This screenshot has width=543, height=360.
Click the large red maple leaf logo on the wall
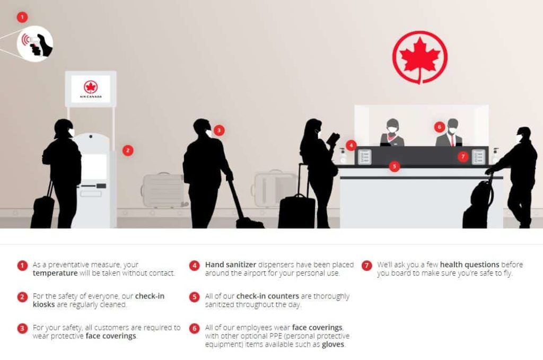(x=420, y=57)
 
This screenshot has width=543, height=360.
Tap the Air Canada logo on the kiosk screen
(x=91, y=88)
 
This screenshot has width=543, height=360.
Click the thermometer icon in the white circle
(x=35, y=44)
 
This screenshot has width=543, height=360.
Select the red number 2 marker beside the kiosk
(x=128, y=150)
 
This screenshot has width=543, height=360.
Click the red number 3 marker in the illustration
(x=219, y=130)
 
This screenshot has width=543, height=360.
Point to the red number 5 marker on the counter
(x=394, y=166)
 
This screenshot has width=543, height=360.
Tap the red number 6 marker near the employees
(x=439, y=127)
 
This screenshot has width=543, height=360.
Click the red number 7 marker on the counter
(x=463, y=156)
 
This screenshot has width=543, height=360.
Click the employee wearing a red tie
(x=450, y=134)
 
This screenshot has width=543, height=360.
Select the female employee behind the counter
(x=392, y=133)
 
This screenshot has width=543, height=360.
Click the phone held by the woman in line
(x=333, y=138)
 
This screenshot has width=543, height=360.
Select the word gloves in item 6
(x=333, y=345)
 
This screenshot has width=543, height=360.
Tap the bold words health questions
(x=470, y=265)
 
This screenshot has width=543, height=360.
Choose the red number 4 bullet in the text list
(x=195, y=265)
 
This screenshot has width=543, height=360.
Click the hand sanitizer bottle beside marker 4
(x=343, y=155)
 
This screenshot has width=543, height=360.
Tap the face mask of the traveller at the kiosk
(x=71, y=133)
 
